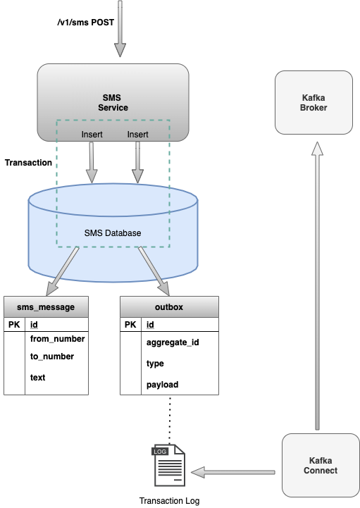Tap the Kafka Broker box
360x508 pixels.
[314, 102]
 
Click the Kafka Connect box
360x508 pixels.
[321, 465]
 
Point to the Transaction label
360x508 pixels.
[28, 163]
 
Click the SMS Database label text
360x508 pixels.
[113, 233]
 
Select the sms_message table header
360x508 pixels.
[46, 306]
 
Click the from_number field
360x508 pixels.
[57, 339]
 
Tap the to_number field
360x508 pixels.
[51, 357]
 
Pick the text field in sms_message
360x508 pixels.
[37, 378]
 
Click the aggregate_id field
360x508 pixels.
[173, 342]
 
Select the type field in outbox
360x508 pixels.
[155, 364]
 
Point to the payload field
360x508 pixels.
[162, 385]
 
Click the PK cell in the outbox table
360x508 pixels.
[130, 325]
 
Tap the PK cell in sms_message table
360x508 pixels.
[14, 325]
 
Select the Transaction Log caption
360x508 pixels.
[169, 500]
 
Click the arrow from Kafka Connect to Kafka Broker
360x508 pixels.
[316, 282]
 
